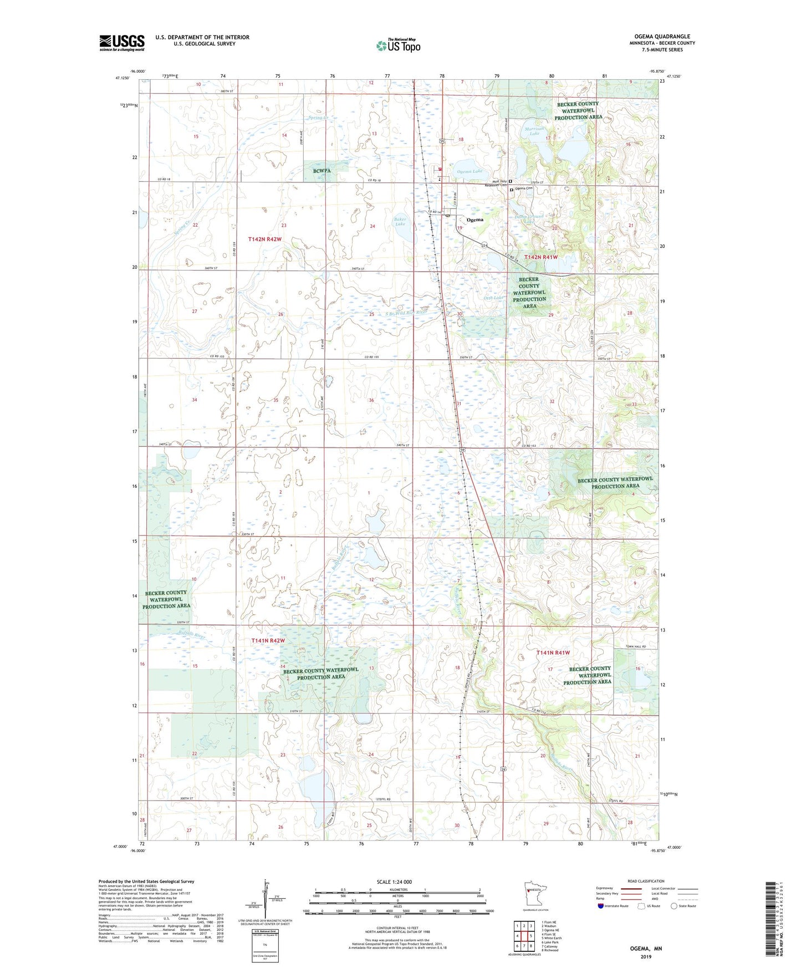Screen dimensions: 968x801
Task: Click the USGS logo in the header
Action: click(121, 43)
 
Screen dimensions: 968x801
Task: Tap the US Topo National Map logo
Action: click(398, 45)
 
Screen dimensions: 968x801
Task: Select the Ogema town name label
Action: click(475, 220)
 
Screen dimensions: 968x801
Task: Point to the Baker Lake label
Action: click(400, 221)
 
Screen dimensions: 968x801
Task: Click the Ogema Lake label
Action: click(469, 172)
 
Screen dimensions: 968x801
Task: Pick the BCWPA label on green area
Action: click(321, 171)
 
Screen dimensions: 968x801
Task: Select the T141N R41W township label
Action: click(553, 653)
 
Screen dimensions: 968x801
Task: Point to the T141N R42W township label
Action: click(268, 640)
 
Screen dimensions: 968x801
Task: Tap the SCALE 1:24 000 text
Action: click(394, 882)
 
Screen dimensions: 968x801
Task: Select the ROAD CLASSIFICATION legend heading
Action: click(646, 881)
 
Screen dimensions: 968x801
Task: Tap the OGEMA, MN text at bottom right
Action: click(646, 949)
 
